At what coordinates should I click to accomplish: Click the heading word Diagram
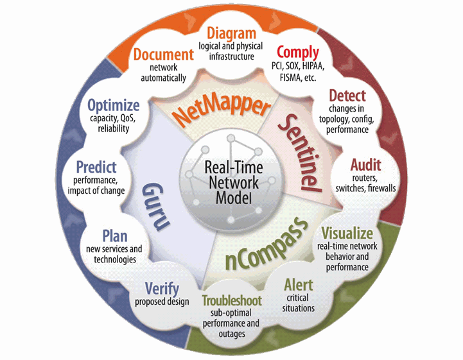click(231, 33)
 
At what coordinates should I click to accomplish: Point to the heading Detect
click(347, 96)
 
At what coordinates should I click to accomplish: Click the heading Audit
click(365, 164)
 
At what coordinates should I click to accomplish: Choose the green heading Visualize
click(346, 232)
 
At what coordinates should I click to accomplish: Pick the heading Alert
click(298, 285)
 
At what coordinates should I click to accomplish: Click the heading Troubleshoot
click(231, 300)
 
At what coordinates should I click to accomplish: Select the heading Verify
click(162, 288)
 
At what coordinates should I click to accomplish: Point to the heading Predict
click(96, 167)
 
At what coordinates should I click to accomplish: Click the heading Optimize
click(114, 104)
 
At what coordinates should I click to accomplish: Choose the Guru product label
click(155, 203)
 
